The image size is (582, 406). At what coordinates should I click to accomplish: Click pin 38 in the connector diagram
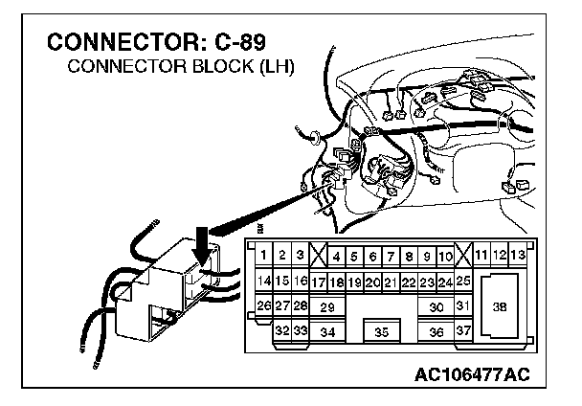click(x=499, y=306)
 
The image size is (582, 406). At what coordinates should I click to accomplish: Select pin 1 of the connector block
click(x=263, y=256)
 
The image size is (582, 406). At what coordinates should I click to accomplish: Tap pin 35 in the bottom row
click(x=381, y=331)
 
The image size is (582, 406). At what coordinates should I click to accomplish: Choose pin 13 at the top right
click(x=518, y=256)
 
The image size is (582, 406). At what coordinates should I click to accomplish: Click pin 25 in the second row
click(x=463, y=281)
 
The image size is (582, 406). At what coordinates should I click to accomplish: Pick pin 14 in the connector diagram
click(x=263, y=281)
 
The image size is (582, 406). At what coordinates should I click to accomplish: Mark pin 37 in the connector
click(x=463, y=331)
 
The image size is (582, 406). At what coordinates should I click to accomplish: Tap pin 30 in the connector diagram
click(x=436, y=306)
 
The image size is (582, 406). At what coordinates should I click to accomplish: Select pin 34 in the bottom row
click(x=326, y=331)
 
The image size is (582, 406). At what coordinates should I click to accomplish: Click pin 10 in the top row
click(x=445, y=256)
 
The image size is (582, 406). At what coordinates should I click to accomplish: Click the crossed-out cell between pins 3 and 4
click(x=318, y=256)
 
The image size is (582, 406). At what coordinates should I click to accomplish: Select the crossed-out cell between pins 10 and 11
click(x=463, y=256)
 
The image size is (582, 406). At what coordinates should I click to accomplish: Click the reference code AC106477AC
click(x=474, y=372)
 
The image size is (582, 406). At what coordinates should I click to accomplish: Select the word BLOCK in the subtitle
click(x=213, y=68)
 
